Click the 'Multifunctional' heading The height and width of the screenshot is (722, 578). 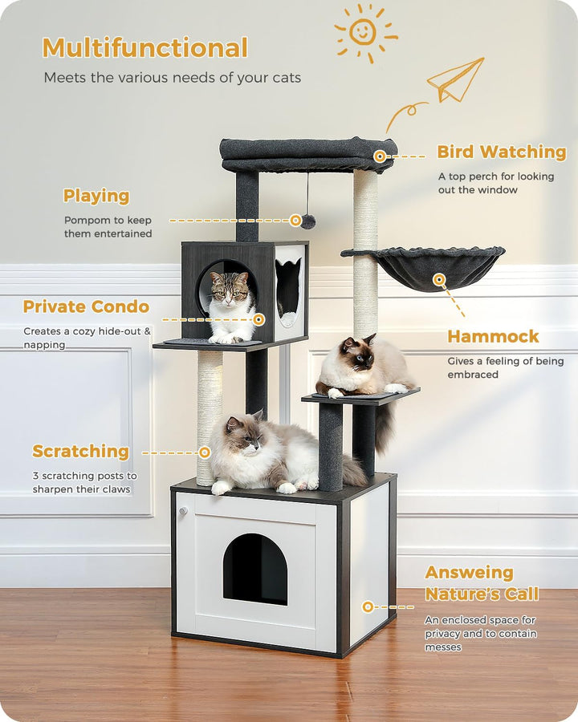tap(144, 48)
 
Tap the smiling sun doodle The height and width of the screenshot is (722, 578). tap(363, 32)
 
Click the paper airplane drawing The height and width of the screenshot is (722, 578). tap(455, 80)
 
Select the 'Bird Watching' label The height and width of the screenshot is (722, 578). tap(501, 152)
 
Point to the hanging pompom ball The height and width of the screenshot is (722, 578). tap(308, 221)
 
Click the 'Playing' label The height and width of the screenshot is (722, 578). tap(96, 196)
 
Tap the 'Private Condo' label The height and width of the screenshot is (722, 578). tap(86, 306)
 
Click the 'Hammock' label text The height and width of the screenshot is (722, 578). tap(493, 336)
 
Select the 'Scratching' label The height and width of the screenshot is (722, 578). tap(80, 452)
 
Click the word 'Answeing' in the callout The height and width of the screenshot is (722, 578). tap(469, 573)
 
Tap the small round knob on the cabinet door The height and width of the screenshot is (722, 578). tap(183, 510)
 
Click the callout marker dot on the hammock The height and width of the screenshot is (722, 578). tap(439, 280)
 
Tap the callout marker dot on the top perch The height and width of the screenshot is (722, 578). tap(380, 156)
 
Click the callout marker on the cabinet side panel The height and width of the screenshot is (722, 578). tap(368, 606)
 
